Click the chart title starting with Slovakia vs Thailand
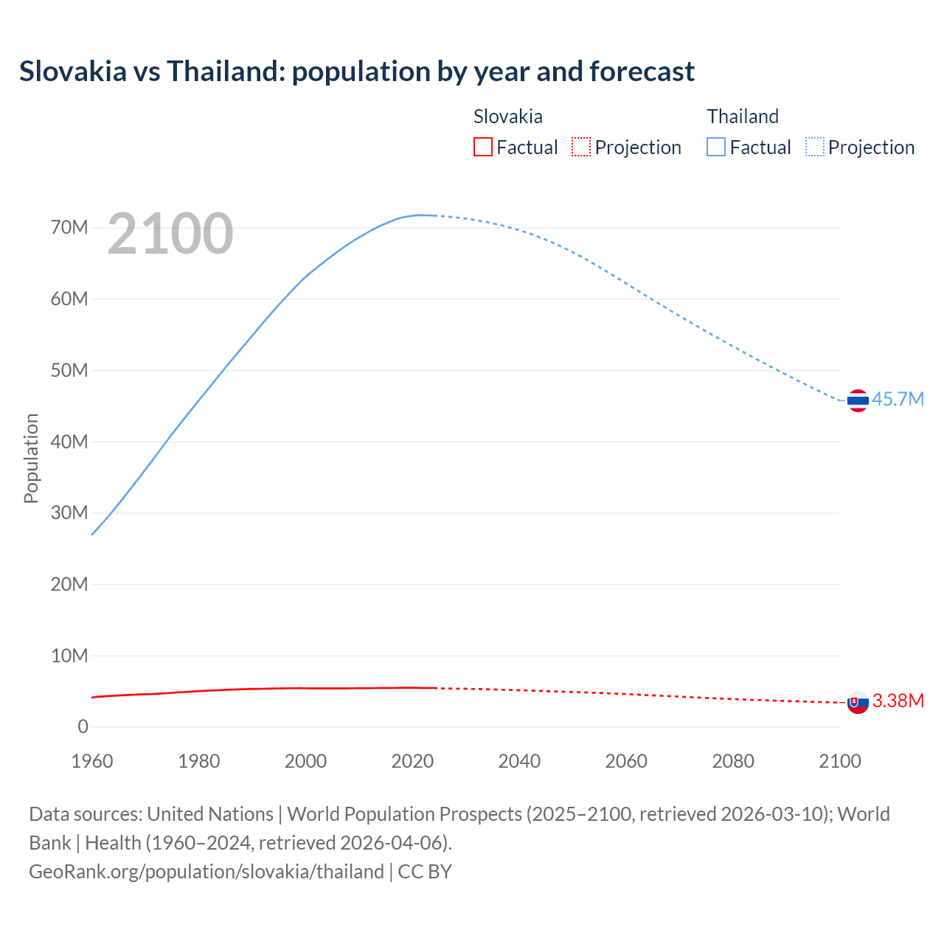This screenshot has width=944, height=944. click(x=357, y=72)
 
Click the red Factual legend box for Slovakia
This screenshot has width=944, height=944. click(x=482, y=147)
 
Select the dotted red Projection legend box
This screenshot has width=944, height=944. click(x=581, y=147)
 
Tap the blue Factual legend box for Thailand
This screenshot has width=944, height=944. click(x=715, y=147)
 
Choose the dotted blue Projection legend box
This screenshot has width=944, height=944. click(x=814, y=147)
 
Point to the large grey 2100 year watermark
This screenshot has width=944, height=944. click(x=170, y=234)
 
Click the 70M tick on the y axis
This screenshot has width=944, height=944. click(x=69, y=227)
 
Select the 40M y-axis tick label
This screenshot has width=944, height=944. click(x=69, y=442)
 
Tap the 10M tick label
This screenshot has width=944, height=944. click(x=69, y=656)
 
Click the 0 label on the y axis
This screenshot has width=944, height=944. click(x=83, y=727)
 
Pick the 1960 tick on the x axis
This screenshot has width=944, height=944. click(x=92, y=761)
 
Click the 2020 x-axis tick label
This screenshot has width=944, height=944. click(x=412, y=761)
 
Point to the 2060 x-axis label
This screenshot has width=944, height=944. click(x=626, y=761)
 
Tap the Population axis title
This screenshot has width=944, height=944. click(x=31, y=458)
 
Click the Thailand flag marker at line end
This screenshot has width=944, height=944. click(x=858, y=400)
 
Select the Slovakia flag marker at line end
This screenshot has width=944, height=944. click(x=858, y=703)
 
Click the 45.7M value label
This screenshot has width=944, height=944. click(x=898, y=399)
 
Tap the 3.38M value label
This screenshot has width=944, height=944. click(x=898, y=701)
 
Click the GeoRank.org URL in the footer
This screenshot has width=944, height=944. click(x=206, y=872)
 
